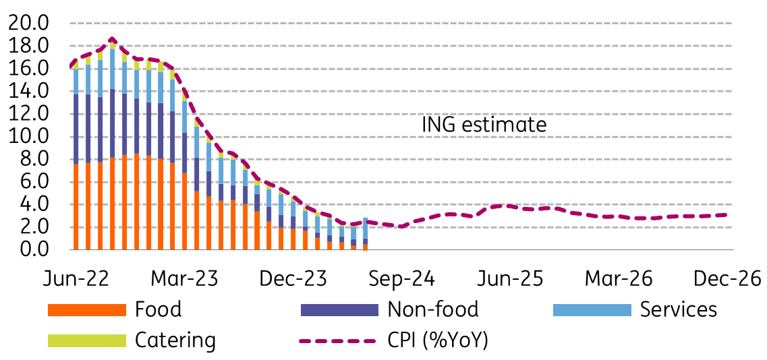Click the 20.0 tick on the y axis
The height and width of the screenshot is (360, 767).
(29, 24)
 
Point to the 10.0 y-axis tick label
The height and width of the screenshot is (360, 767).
(29, 137)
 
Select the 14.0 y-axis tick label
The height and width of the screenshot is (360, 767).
(29, 92)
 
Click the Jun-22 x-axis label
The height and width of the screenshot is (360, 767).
(72, 278)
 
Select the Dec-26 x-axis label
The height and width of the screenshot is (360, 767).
(722, 278)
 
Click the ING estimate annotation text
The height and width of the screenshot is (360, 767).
(484, 125)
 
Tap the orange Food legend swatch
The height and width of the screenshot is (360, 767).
(87, 310)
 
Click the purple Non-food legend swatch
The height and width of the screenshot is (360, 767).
(339, 310)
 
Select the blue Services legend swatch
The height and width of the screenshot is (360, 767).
(592, 310)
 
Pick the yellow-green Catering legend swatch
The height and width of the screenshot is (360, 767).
(87, 340)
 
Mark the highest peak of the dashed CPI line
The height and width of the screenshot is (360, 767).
(112, 39)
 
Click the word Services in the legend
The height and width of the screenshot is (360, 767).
(679, 309)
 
